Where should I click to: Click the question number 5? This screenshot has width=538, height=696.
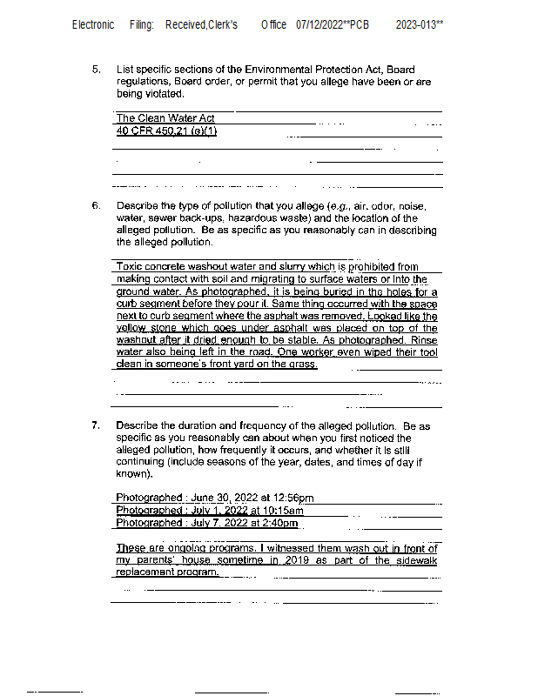tap(97, 69)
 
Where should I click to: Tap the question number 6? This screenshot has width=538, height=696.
tap(97, 206)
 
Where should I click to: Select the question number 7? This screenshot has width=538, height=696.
tap(97, 426)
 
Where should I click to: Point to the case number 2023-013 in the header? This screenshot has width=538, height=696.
tap(419, 24)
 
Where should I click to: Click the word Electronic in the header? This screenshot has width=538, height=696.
tap(92, 24)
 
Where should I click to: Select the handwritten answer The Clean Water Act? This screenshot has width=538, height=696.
tap(165, 118)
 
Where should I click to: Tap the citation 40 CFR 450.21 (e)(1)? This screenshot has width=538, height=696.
tap(167, 131)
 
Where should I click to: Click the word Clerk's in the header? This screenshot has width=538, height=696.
tap(222, 24)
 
